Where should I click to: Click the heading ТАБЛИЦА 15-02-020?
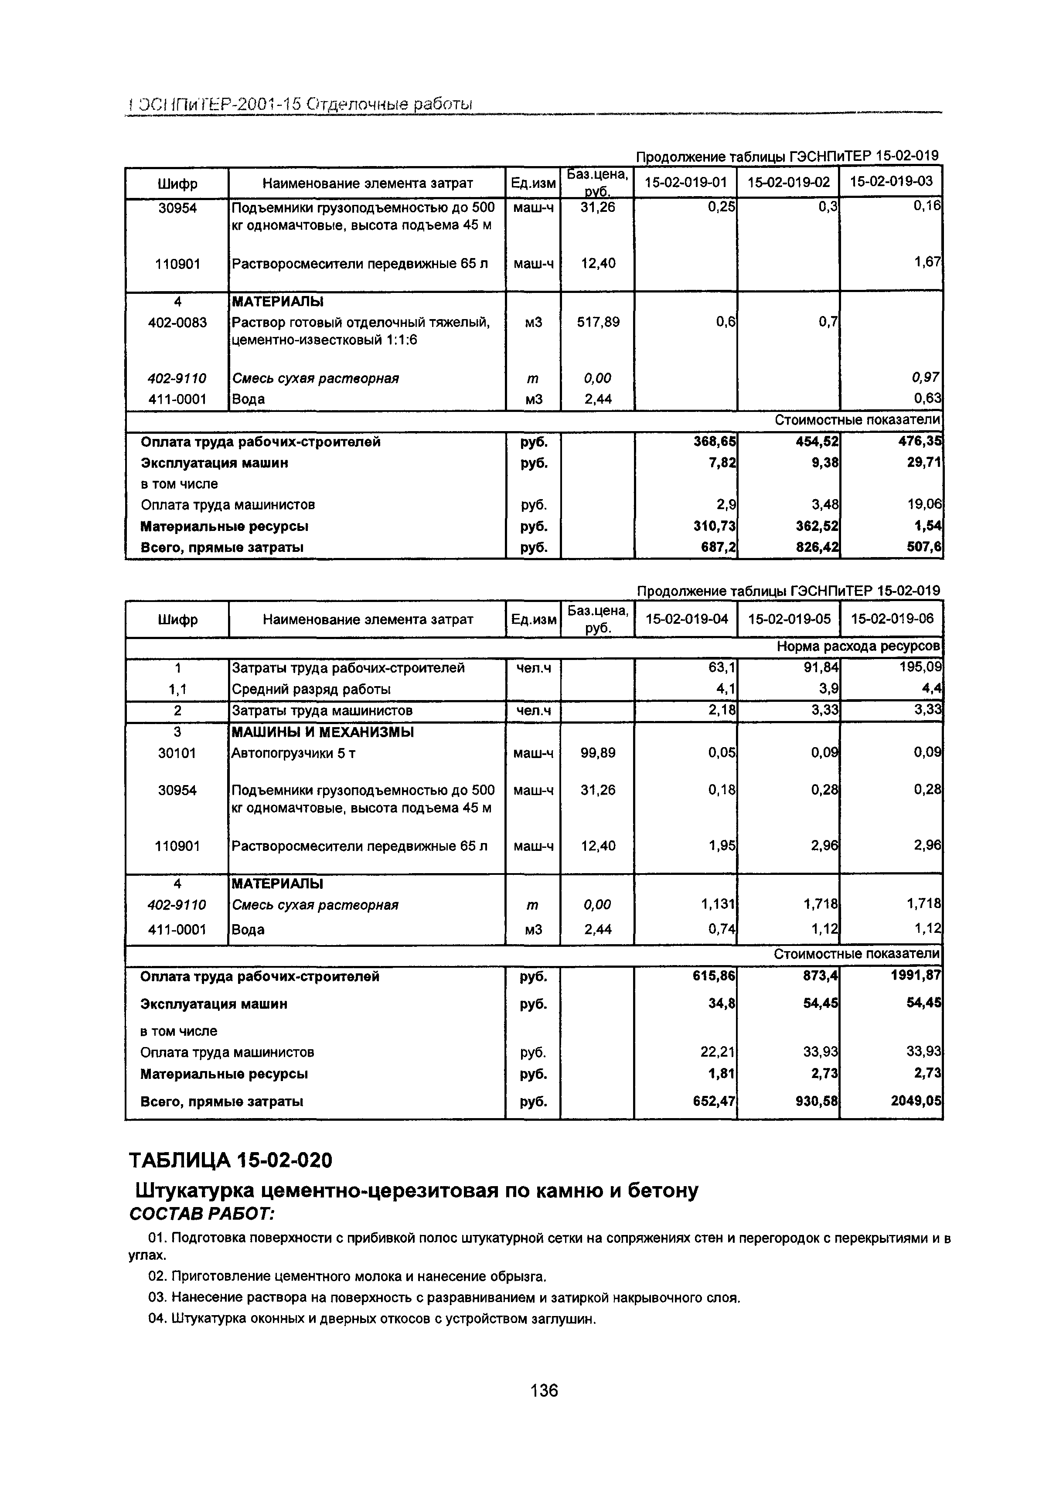231,1160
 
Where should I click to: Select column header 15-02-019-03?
891,181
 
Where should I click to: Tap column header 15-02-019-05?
789,619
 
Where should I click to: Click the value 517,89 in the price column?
598,322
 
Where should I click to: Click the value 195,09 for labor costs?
919,667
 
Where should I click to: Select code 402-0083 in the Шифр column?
177,322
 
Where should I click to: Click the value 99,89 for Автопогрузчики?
598,753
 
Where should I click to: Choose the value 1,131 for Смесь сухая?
719,905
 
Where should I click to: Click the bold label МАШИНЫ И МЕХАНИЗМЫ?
323,732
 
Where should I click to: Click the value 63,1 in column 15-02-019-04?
723,667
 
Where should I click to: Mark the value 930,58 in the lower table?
815,1102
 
